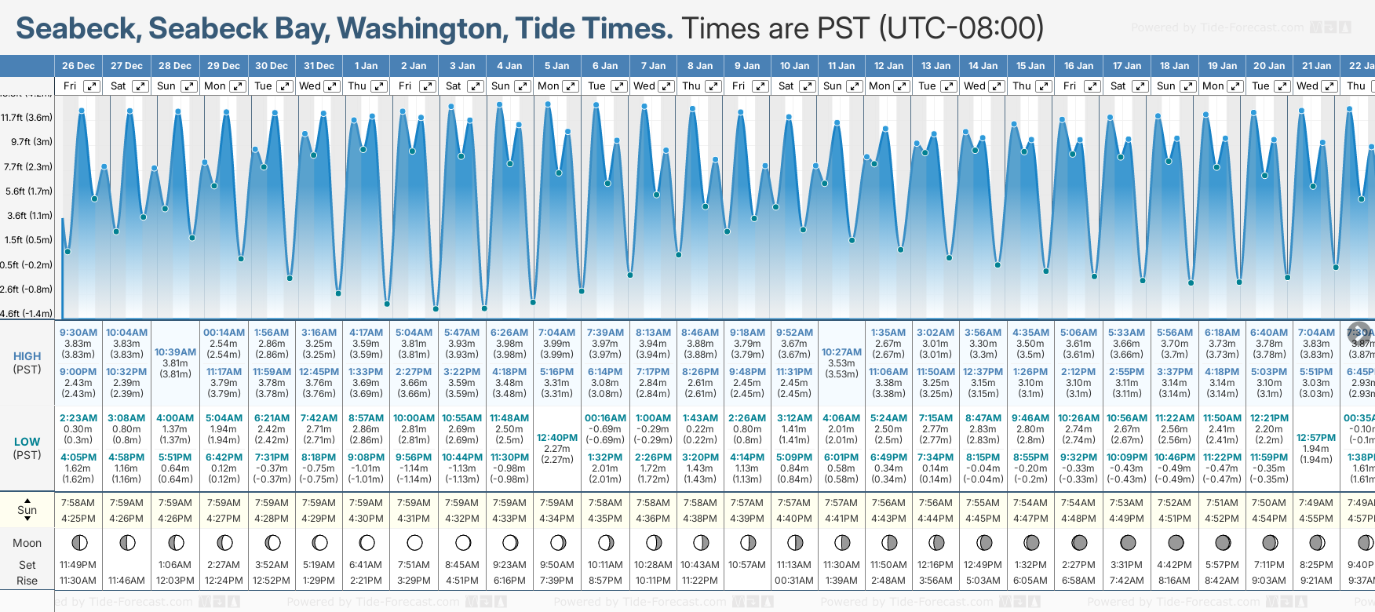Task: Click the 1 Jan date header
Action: [x=366, y=66]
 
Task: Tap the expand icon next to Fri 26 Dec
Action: [x=92, y=86]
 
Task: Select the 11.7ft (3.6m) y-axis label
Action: [x=27, y=118]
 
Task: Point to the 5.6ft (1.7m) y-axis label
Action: [x=27, y=191]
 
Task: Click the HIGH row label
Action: [x=27, y=356]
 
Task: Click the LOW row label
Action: [x=27, y=443]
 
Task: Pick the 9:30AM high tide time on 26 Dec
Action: [x=78, y=333]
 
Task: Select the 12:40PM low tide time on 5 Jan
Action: [x=557, y=438]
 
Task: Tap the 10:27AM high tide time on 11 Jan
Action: [x=841, y=352]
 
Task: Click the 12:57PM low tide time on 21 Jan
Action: [x=1316, y=438]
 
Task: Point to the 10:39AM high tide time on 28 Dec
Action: [x=175, y=352]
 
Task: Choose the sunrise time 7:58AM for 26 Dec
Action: [x=78, y=503]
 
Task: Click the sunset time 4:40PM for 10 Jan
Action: [x=794, y=519]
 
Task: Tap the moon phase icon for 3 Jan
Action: [x=463, y=542]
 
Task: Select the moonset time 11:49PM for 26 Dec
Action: [x=78, y=565]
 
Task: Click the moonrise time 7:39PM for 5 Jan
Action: [x=557, y=581]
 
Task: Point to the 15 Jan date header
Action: [x=1030, y=66]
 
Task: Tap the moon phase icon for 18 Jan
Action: [x=1175, y=542]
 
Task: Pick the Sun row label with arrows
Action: [x=27, y=510]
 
